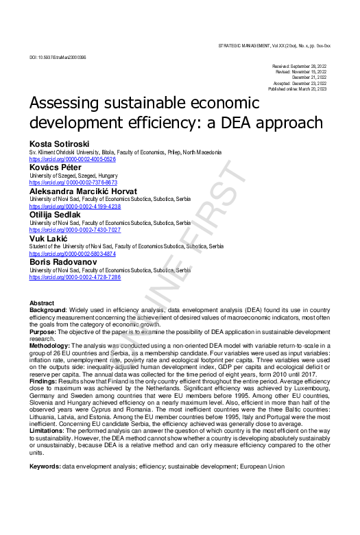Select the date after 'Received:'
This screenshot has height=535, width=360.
(311, 67)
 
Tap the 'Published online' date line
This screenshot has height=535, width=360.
(298, 89)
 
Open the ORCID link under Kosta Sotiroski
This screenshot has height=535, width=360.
(72, 159)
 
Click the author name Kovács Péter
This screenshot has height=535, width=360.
(55, 167)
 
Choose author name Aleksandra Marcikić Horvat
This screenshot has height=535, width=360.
(83, 191)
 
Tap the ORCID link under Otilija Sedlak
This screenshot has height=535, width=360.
(75, 230)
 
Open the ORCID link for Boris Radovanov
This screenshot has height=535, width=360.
(75, 277)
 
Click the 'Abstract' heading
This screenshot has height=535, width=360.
(42, 302)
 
